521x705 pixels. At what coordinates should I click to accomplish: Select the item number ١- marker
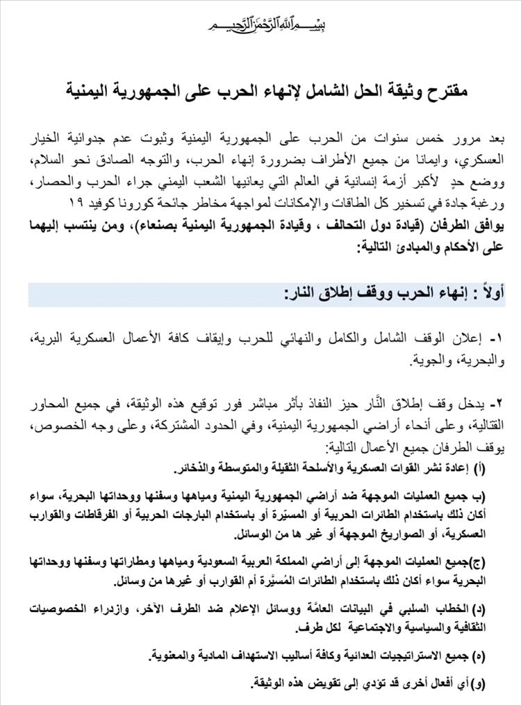point(495,340)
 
